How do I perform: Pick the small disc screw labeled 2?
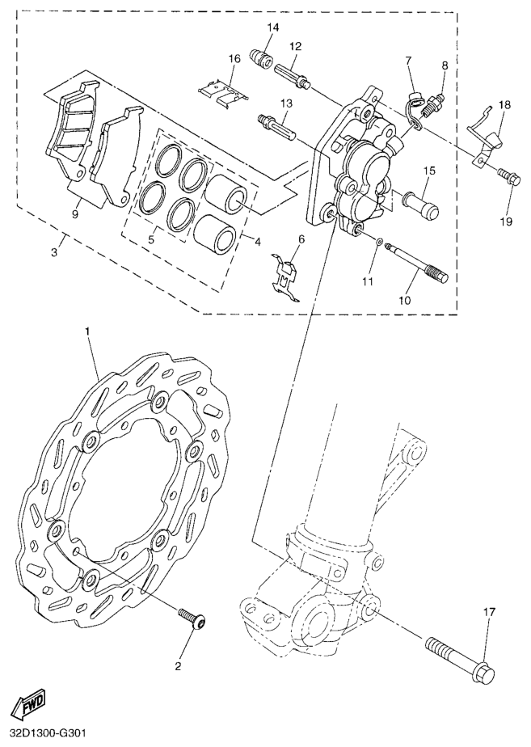(192, 618)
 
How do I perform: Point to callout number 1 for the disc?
(87, 331)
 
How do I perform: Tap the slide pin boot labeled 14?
(261, 57)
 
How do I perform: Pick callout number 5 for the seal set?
(151, 239)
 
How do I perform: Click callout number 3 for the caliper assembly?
(54, 252)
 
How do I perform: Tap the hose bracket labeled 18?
(484, 136)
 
